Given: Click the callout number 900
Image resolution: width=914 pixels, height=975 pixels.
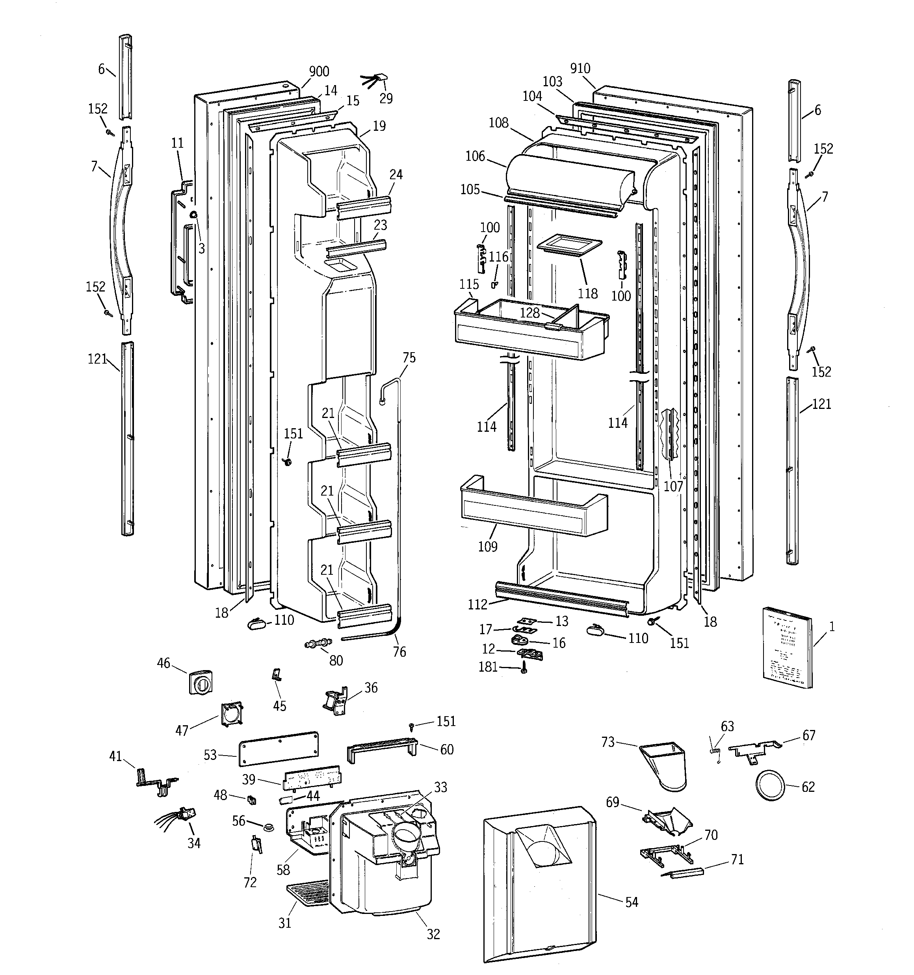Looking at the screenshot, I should tap(318, 72).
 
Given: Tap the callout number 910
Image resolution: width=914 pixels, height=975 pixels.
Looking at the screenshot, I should tap(580, 69).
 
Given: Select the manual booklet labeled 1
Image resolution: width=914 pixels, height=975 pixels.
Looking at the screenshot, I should tap(786, 647).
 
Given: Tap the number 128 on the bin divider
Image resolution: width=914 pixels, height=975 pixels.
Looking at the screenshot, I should tap(529, 312).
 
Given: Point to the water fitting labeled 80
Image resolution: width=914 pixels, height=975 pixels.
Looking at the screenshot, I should tap(318, 643).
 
